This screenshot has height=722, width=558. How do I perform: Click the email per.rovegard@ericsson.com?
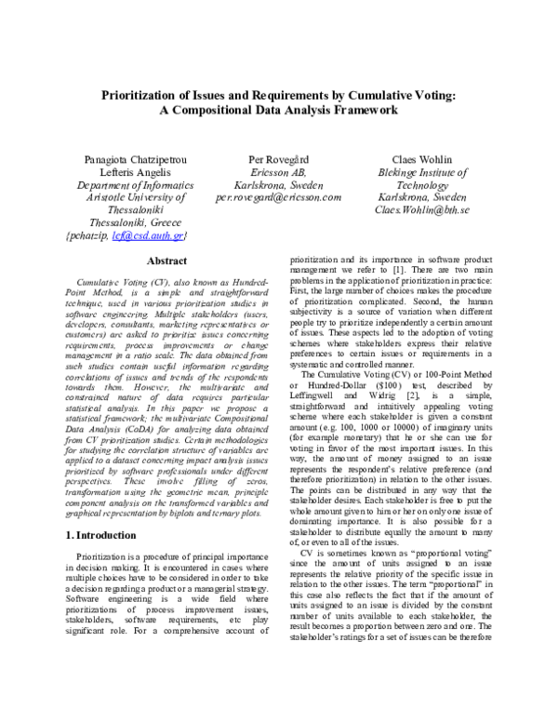[279, 197]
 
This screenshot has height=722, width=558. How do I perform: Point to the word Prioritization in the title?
[152, 94]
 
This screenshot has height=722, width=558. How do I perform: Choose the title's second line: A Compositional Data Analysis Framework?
[278, 110]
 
